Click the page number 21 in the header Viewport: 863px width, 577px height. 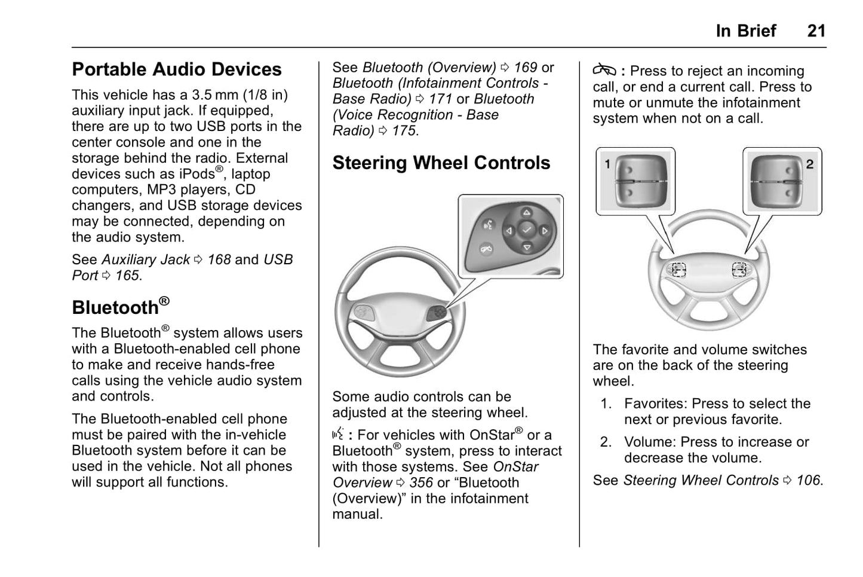point(816,30)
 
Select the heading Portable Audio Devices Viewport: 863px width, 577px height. point(177,69)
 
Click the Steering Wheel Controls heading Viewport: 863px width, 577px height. point(441,163)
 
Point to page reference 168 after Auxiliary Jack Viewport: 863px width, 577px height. point(219,260)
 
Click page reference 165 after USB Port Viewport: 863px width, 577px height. point(127,276)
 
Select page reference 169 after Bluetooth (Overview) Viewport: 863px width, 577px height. point(526,68)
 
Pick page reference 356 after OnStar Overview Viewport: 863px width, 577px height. point(421,483)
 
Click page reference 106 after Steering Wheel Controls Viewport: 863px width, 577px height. point(809,480)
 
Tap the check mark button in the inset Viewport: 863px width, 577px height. point(526,230)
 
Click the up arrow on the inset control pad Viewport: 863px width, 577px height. point(526,212)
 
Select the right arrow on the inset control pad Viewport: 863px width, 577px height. point(545,230)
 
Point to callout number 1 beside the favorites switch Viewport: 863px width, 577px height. point(607,164)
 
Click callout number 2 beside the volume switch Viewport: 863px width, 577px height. point(810,164)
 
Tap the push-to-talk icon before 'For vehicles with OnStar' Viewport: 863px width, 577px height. point(338,434)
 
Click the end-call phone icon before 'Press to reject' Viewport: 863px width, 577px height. point(604,71)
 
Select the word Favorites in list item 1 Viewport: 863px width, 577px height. point(653,404)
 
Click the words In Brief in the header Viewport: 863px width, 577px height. point(746,30)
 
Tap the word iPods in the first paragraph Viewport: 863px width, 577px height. point(196,174)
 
